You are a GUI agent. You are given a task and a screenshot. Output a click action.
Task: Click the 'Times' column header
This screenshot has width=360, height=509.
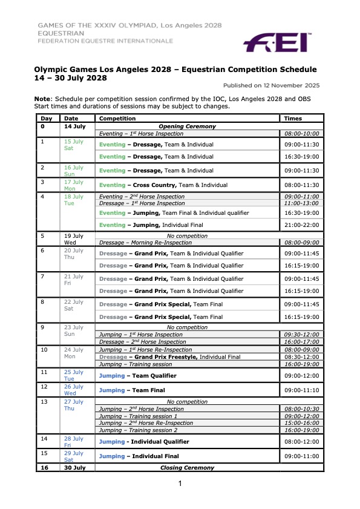pyautogui.click(x=293, y=119)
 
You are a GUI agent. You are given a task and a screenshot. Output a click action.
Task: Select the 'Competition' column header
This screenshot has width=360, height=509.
pyautogui.click(x=117, y=119)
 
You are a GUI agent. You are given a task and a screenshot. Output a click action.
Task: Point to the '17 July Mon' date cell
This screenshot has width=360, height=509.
pyautogui.click(x=74, y=185)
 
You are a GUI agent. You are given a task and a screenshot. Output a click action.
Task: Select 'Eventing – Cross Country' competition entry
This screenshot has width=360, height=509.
pyautogui.click(x=163, y=185)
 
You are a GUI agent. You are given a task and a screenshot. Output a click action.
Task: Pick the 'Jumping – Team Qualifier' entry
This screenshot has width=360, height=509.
pyautogui.click(x=140, y=375)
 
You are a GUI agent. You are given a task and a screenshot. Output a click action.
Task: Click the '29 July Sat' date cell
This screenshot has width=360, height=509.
pyautogui.click(x=74, y=456)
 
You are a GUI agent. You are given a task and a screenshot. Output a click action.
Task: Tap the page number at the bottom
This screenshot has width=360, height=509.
pyautogui.click(x=180, y=483)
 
